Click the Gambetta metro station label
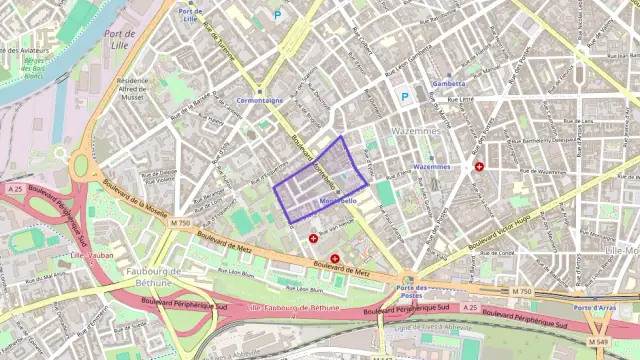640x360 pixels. click(449, 83)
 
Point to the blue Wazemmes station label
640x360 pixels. click(431, 166)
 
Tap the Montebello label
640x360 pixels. click(338, 200)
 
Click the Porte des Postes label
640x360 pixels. click(406, 292)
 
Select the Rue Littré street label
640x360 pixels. click(459, 99)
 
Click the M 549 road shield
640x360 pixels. click(598, 342)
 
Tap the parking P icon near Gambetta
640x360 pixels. click(405, 97)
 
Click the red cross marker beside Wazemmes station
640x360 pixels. click(479, 166)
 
